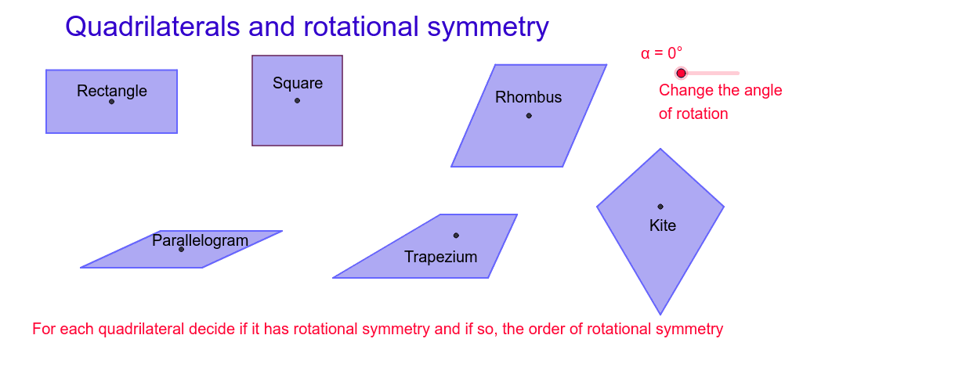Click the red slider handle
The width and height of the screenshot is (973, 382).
(x=681, y=73)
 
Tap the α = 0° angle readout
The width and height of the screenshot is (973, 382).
(x=661, y=53)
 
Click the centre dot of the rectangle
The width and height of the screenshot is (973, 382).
(x=111, y=102)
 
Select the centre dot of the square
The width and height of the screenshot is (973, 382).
(x=297, y=100)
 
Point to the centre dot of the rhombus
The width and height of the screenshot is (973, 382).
(x=529, y=116)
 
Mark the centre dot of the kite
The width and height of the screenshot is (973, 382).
(x=660, y=207)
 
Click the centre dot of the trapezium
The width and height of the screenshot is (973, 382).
(x=456, y=236)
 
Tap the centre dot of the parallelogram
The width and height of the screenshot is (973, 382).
(x=181, y=249)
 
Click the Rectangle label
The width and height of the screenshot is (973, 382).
(x=112, y=91)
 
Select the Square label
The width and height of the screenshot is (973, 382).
(x=298, y=83)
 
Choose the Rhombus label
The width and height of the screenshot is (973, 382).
(x=529, y=97)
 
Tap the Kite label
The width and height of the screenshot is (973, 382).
(x=663, y=225)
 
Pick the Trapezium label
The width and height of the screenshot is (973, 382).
(x=440, y=257)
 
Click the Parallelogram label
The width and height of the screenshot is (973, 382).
(x=200, y=240)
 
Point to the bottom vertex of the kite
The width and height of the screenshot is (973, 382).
(x=660, y=314)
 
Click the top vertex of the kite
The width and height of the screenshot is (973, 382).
(x=660, y=150)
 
